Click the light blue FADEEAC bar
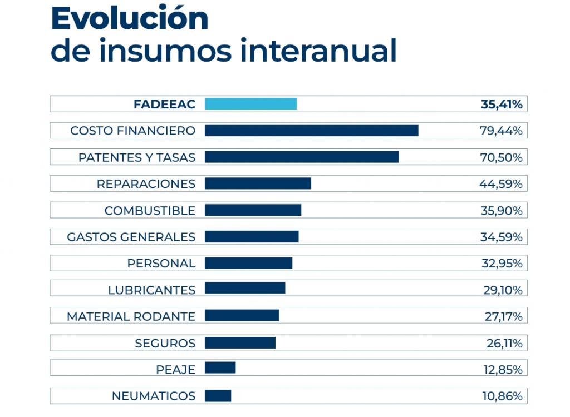[x=250, y=104]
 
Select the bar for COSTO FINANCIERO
[x=311, y=130]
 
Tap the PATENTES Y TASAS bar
[x=302, y=157]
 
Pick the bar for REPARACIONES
[x=258, y=183]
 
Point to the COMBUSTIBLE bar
[x=253, y=210]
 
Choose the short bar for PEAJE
[x=220, y=368]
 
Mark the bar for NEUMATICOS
[x=218, y=396]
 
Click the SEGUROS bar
[x=240, y=343]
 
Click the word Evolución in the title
[x=129, y=19]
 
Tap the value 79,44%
[x=501, y=131]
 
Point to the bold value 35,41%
[x=501, y=104]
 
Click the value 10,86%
[x=502, y=396]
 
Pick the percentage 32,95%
[x=502, y=264]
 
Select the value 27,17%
[x=503, y=316]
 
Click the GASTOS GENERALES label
[x=131, y=237]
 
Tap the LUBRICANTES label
[x=151, y=290]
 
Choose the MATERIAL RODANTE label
[x=131, y=316]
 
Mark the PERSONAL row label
[x=161, y=264]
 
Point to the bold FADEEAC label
[x=164, y=104]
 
